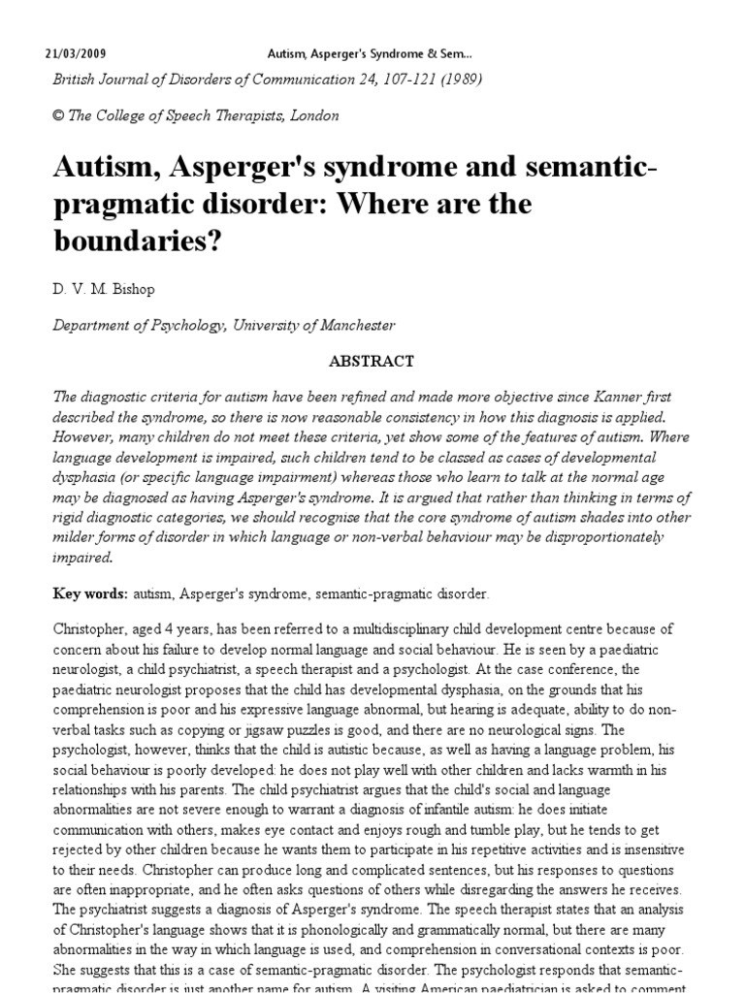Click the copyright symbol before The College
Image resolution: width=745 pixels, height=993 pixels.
[x=57, y=115]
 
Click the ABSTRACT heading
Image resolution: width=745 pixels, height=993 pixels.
[x=372, y=361]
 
